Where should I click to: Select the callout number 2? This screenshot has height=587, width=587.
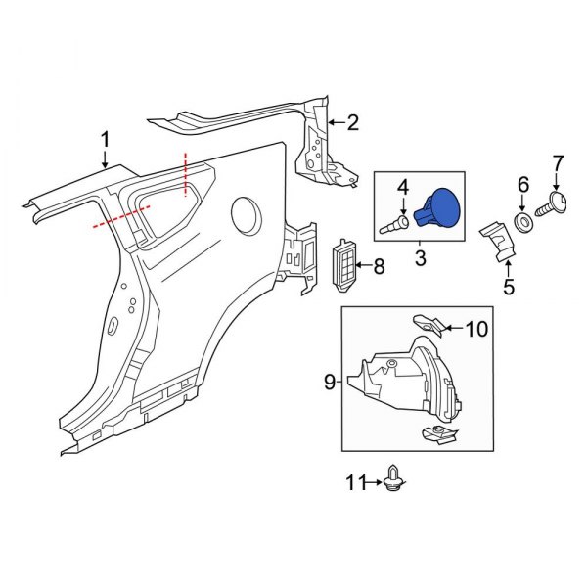352,123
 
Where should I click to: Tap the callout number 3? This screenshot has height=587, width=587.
420,258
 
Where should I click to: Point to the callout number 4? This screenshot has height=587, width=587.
402,186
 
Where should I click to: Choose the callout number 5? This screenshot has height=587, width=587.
508,287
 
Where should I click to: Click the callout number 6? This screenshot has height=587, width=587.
522,184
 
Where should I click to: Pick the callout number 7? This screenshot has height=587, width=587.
559,161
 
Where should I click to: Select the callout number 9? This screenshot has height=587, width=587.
330,381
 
